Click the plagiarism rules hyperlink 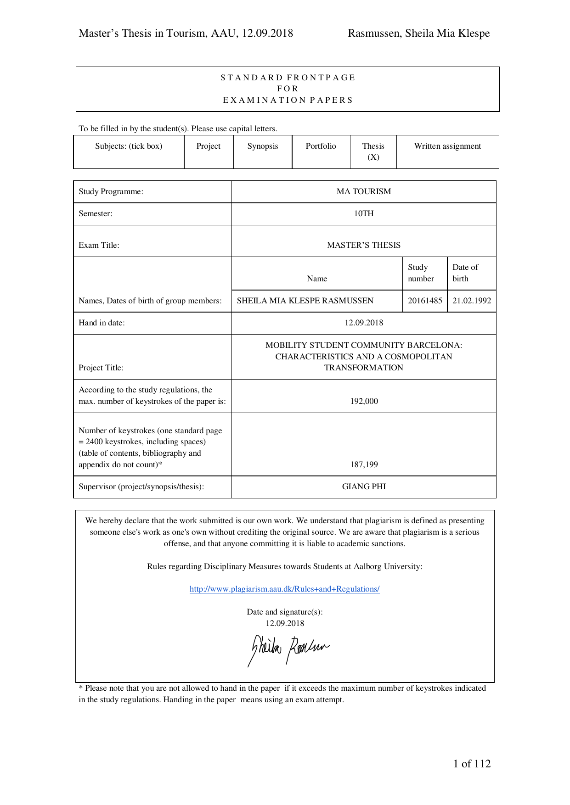coord(284,589)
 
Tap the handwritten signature coord(288,648)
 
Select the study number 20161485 coord(425,301)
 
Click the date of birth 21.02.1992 coord(471,301)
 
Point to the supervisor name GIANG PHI coord(364,486)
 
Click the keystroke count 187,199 coord(364,464)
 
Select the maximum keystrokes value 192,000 coord(364,401)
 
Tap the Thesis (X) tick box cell coord(373,151)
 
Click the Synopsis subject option coord(263,146)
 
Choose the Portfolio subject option coord(321,146)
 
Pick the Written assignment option coord(447,146)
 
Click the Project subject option coord(209,146)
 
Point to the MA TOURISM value coord(364,191)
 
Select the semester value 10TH coord(364,213)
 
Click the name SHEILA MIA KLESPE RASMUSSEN coord(305,301)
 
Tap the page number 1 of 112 coord(472,764)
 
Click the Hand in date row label coord(102,323)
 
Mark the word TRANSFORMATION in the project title coord(364,368)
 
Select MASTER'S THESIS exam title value coord(364,245)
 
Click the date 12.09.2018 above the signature coord(285,623)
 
